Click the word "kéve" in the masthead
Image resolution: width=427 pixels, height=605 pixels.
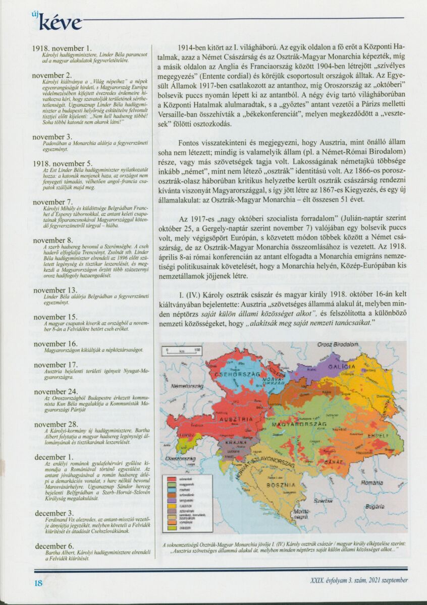point(60,23)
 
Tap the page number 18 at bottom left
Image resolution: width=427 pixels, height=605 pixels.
point(38,583)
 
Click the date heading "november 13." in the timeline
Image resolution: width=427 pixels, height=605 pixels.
point(56,290)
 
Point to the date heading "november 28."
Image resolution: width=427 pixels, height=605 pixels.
point(56,425)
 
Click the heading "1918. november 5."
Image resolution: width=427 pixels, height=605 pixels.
point(62,163)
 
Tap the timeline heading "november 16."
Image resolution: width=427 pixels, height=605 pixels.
point(56,343)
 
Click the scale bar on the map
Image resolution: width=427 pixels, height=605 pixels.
point(183,350)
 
